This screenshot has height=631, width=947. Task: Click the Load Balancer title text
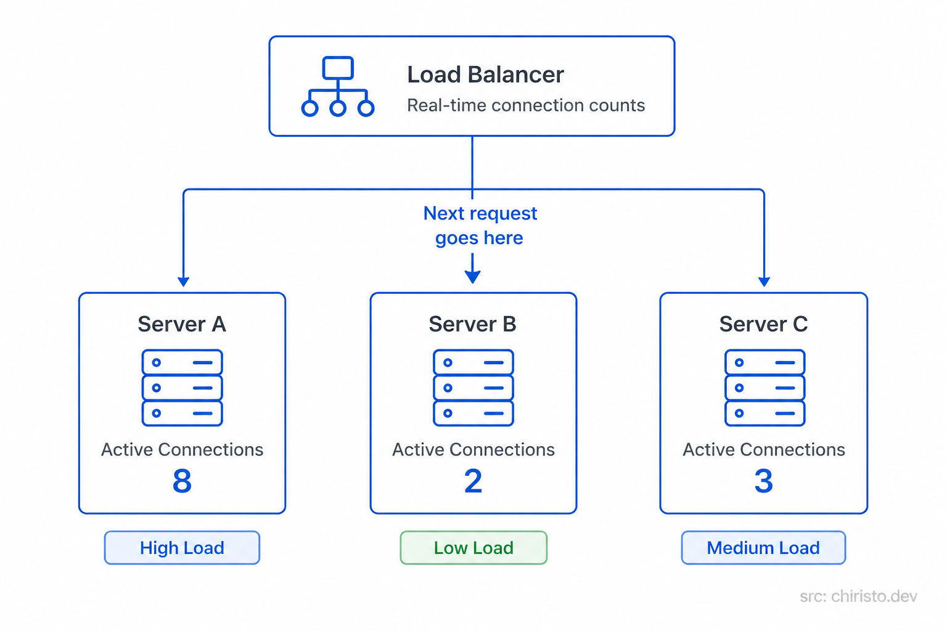tap(485, 75)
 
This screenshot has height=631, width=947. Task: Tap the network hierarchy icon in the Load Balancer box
tap(337, 86)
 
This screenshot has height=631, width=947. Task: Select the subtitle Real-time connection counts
tap(525, 105)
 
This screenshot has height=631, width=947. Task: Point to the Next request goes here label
tap(480, 226)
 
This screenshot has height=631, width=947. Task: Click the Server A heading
tap(182, 324)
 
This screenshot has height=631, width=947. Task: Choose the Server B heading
tap(472, 324)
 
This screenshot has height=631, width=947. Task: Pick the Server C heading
tap(763, 324)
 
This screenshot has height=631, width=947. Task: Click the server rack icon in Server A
tap(182, 388)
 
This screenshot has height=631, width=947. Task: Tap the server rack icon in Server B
tap(473, 388)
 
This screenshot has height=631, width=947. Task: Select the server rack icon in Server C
tap(765, 388)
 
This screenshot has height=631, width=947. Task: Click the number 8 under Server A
tap(182, 481)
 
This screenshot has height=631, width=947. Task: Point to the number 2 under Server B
tap(473, 481)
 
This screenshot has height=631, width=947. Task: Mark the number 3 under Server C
tap(763, 481)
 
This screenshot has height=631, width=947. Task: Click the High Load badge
tap(182, 548)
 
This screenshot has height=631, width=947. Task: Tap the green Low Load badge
tap(473, 548)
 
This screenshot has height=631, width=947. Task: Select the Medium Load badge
tap(763, 548)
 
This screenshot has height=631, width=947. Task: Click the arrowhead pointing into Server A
tap(183, 282)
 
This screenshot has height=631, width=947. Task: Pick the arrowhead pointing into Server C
tap(764, 282)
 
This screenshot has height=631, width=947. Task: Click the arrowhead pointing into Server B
tap(472, 277)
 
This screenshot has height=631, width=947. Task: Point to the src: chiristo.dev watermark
tap(858, 596)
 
